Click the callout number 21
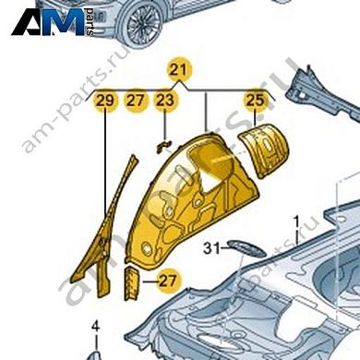pos(178,70)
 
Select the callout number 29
pos(106,100)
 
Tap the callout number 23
pos(164,100)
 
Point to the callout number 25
pos(255,100)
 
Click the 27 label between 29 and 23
pos(136,100)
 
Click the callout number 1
pos(296,222)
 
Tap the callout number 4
pos(95,324)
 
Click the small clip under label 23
pos(162,143)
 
